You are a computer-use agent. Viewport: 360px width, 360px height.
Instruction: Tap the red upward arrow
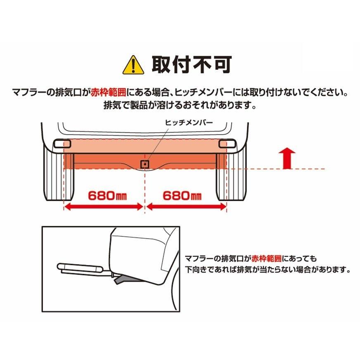click(287, 159)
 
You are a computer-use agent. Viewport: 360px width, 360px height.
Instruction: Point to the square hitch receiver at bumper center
click(145, 164)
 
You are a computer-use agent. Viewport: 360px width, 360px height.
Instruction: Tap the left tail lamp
click(62, 144)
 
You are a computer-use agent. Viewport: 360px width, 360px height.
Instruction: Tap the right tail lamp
click(227, 144)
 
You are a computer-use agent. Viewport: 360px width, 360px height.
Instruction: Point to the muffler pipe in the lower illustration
click(81, 268)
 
